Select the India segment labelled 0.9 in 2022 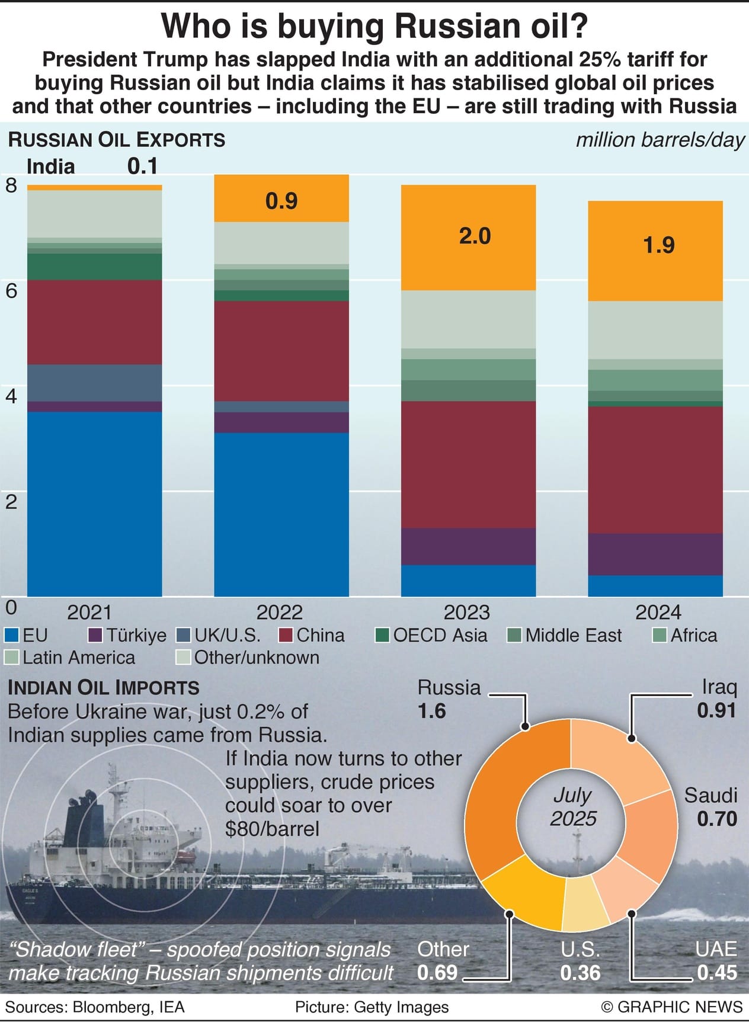[x=281, y=199]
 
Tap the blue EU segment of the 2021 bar [x=95, y=504]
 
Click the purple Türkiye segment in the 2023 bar [x=468, y=546]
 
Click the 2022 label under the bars [x=279, y=612]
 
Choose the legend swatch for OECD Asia [x=382, y=636]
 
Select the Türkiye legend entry [x=127, y=636]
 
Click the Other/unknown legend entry [x=249, y=658]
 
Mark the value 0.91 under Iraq [x=716, y=710]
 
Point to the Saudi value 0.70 [x=716, y=819]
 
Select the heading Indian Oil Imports [x=103, y=688]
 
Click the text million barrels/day [x=660, y=140]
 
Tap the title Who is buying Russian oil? [x=375, y=26]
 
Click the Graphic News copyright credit [x=671, y=1007]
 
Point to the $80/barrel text [x=272, y=828]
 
